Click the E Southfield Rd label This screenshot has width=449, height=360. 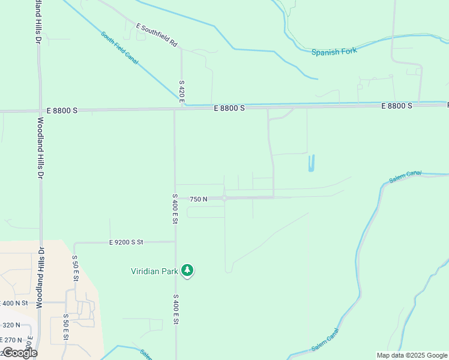pyautogui.click(x=157, y=35)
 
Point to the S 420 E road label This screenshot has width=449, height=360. pyautogui.click(x=182, y=91)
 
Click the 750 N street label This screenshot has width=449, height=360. pyautogui.click(x=199, y=199)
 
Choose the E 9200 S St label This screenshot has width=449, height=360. pyautogui.click(x=126, y=242)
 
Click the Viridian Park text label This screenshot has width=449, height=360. pyautogui.click(x=155, y=271)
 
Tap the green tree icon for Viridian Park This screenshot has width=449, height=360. pyautogui.click(x=188, y=271)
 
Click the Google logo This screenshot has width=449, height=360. pyautogui.click(x=20, y=353)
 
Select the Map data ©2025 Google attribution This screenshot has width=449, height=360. pyautogui.click(x=412, y=355)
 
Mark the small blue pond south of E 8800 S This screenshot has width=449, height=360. pyautogui.click(x=311, y=163)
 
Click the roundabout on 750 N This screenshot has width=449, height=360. pyautogui.click(x=224, y=198)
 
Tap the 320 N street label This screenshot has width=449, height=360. pyautogui.click(x=10, y=325)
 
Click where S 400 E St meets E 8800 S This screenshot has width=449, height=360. pyautogui.click(x=175, y=110)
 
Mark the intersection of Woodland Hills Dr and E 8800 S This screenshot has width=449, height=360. pyautogui.click(x=40, y=111)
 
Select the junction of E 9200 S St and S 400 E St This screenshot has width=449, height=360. pyautogui.click(x=175, y=242)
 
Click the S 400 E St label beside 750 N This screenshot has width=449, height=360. pyautogui.click(x=175, y=209)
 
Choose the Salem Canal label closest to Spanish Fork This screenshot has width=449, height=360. pyautogui.click(x=405, y=177)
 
